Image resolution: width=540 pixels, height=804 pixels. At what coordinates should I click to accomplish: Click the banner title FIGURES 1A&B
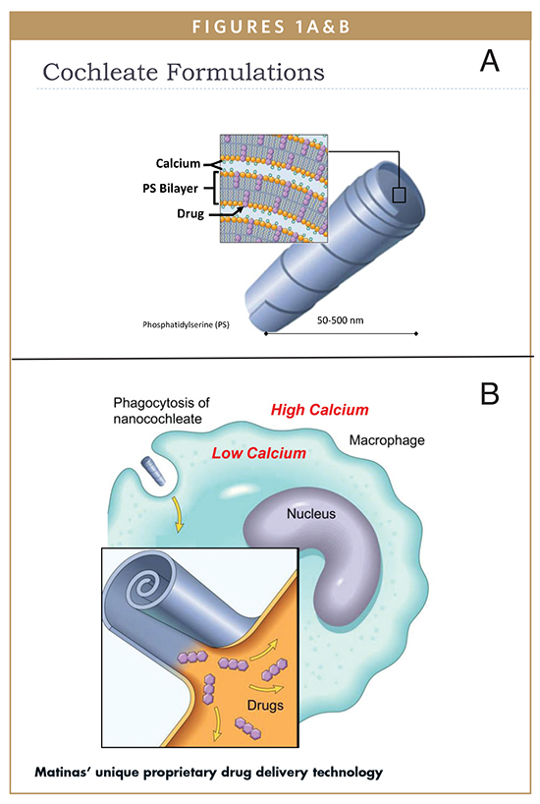pos(271,27)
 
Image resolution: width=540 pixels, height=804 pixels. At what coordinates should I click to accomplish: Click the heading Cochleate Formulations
pos(184,72)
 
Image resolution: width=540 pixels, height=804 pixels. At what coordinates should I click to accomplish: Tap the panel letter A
pos(490,61)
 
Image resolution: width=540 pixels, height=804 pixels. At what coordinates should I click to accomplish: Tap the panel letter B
pos(490,394)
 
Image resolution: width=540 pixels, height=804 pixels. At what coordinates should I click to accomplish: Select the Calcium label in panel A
pos(178,163)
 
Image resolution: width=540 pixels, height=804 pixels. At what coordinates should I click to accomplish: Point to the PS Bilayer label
pos(170,189)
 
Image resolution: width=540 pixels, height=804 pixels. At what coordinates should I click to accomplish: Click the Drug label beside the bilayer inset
pos(190,213)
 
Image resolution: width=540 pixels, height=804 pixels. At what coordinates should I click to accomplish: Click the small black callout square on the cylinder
pos(399,195)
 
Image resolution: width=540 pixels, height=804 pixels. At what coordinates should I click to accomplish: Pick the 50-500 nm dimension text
pos(340,320)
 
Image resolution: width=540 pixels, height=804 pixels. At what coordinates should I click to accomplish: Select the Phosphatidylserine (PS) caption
pos(186,324)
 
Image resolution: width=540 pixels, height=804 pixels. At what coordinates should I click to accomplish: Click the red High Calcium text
pos(320,410)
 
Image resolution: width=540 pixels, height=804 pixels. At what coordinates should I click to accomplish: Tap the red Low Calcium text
pos(259,453)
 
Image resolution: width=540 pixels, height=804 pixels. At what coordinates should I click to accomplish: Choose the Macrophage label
pos(387,440)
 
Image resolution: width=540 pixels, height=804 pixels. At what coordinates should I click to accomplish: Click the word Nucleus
pos(311,513)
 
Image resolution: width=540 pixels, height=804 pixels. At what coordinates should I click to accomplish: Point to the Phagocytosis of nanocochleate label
pos(161,411)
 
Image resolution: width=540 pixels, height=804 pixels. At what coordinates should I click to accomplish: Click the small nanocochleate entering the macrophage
pos(154,470)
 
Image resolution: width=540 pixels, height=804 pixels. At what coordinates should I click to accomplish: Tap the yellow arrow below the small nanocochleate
pos(179,514)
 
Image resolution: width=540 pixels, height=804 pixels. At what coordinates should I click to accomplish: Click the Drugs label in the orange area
pos(265,705)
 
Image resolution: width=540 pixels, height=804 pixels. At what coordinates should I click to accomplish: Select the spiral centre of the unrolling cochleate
pos(139,586)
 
